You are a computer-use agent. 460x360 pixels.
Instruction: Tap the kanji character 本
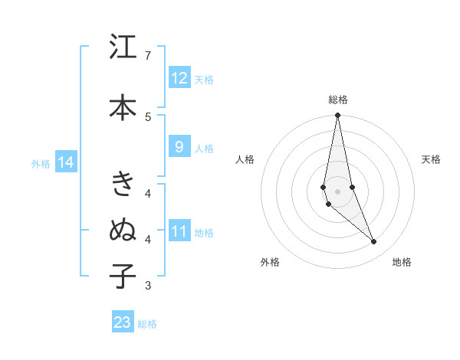click(x=123, y=106)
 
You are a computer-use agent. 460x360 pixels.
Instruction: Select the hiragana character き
click(x=123, y=184)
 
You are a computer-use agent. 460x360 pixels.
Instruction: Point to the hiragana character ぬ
click(x=123, y=230)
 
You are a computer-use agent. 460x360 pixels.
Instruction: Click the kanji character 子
click(x=123, y=276)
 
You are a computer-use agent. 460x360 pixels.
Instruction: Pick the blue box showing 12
click(x=179, y=78)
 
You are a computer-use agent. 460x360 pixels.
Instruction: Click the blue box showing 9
click(x=179, y=148)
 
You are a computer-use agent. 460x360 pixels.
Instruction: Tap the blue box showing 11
click(x=179, y=232)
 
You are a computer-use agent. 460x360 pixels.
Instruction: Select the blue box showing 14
click(x=65, y=162)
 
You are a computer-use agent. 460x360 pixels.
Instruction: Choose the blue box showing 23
click(x=123, y=322)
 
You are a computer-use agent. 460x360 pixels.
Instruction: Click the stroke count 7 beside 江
click(x=148, y=55)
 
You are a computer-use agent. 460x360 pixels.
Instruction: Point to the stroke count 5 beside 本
click(x=148, y=116)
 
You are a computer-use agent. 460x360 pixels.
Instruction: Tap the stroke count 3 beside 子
click(x=148, y=286)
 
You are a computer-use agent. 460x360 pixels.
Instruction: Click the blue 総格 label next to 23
click(x=147, y=324)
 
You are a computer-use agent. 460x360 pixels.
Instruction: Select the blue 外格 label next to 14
click(x=41, y=163)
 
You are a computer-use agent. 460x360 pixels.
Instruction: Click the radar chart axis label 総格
click(x=337, y=100)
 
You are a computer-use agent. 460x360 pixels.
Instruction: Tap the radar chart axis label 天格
click(x=431, y=159)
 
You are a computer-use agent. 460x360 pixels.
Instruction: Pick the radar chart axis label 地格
click(x=402, y=262)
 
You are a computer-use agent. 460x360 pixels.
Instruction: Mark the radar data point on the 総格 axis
click(x=337, y=116)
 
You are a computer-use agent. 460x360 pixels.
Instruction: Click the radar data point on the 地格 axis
click(x=374, y=242)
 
